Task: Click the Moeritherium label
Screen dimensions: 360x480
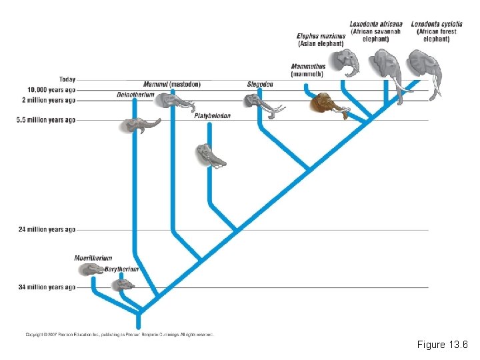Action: pyautogui.click(x=93, y=258)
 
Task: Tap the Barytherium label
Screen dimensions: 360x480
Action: pyautogui.click(x=121, y=269)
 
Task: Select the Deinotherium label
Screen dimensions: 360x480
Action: pyautogui.click(x=135, y=95)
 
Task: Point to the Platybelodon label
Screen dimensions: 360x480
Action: pyautogui.click(x=212, y=116)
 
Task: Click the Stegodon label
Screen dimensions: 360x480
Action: pyautogui.click(x=260, y=85)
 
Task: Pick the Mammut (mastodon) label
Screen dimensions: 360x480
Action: pyautogui.click(x=171, y=85)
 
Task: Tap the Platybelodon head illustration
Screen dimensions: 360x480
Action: pyautogui.click(x=209, y=155)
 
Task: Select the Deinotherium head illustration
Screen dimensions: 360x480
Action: pyautogui.click(x=140, y=124)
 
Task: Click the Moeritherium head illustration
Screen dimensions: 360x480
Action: pyautogui.click(x=91, y=269)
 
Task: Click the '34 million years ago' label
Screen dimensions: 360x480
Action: pyautogui.click(x=47, y=287)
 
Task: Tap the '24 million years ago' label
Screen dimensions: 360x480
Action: pyautogui.click(x=47, y=229)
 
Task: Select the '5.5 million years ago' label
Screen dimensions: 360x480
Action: pyautogui.click(x=46, y=120)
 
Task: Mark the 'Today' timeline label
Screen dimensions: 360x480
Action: pyautogui.click(x=67, y=80)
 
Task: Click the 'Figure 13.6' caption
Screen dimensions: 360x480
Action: pyautogui.click(x=442, y=345)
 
